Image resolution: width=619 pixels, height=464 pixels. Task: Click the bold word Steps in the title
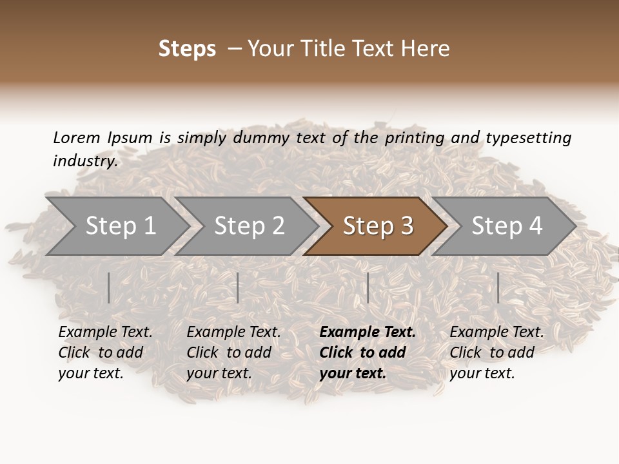click(187, 48)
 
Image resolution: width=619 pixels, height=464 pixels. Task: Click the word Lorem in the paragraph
click(76, 137)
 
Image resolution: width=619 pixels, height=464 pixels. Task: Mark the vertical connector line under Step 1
click(109, 287)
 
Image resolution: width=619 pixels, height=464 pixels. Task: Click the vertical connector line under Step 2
click(238, 287)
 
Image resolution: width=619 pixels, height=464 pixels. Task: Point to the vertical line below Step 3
click(368, 287)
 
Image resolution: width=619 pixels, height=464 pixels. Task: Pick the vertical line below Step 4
click(498, 287)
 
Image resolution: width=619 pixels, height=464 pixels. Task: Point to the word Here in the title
click(429, 48)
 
